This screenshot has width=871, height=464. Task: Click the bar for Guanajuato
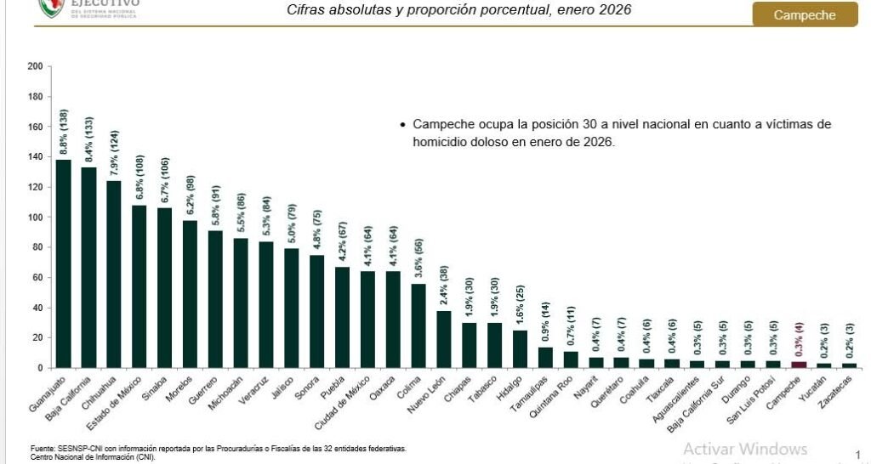click(63, 263)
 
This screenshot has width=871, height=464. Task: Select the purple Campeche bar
click(800, 365)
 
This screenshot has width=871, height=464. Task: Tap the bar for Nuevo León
click(444, 339)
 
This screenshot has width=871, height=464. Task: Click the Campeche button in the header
click(804, 15)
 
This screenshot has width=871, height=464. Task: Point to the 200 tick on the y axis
click(35, 66)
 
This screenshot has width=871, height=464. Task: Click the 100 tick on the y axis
click(35, 217)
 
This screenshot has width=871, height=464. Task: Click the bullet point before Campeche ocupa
click(402, 125)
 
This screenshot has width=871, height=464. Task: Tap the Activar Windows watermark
click(744, 448)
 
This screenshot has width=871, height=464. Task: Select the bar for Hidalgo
click(521, 349)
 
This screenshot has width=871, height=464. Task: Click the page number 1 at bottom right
click(857, 455)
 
